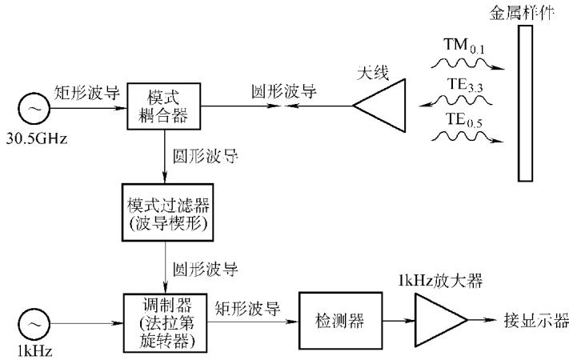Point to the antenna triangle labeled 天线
coord(379,106)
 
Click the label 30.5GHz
coord(37,138)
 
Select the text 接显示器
coord(536,320)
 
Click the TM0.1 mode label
coord(464,46)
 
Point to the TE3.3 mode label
coord(465,86)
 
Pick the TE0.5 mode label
coord(464,121)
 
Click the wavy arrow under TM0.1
coord(467,64)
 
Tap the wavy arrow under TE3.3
coord(455,101)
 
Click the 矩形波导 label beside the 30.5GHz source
coord(87,92)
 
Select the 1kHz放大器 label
coord(440,281)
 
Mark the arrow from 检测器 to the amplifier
coord(399,321)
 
